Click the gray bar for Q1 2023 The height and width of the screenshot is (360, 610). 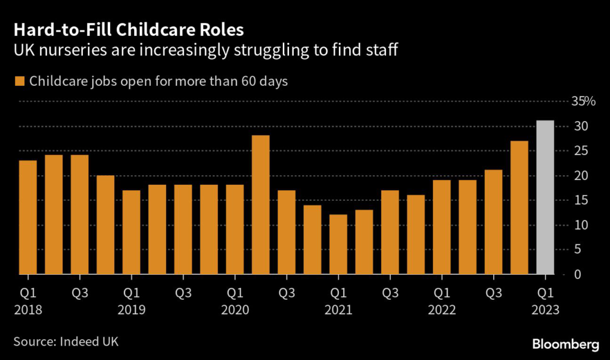coord(546,197)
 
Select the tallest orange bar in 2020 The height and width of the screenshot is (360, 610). coord(261,204)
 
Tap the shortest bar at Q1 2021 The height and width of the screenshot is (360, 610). coord(338,244)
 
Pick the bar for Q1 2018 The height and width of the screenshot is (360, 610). coord(28,217)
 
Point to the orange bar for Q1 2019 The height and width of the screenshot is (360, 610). coord(132,232)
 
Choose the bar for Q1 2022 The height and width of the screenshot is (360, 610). coord(441,227)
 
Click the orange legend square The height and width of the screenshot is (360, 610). coord(20,81)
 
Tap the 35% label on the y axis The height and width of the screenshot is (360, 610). coord(584,101)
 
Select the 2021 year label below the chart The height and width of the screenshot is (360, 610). coord(338,310)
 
